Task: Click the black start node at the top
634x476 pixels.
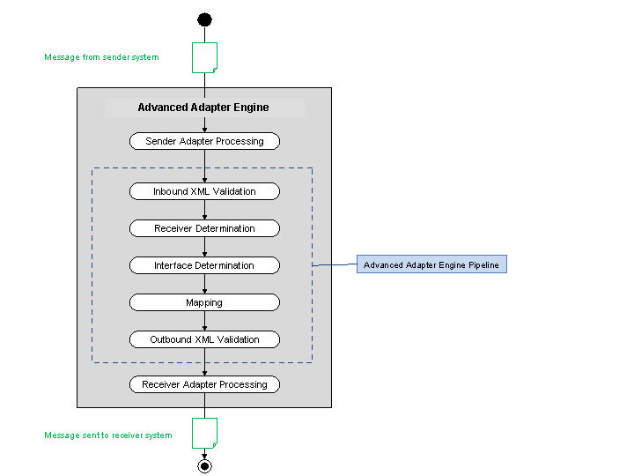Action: (204, 19)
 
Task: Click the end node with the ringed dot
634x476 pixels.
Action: (204, 465)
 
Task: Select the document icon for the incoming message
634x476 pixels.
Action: (204, 57)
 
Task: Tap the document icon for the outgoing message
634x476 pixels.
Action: (204, 433)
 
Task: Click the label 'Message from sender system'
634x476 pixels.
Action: (101, 57)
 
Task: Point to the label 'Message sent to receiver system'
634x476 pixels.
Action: (107, 435)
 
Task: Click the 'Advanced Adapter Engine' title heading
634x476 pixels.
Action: (203, 108)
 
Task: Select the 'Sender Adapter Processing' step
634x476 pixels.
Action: (204, 141)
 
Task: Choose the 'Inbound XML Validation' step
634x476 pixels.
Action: (204, 191)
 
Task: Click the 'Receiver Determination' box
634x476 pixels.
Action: (204, 228)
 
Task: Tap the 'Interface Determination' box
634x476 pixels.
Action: (204, 265)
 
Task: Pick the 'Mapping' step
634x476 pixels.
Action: (204, 302)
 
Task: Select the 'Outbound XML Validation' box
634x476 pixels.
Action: (204, 339)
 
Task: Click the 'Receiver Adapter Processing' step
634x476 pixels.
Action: (204, 384)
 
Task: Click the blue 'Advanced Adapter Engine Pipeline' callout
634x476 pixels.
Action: (431, 264)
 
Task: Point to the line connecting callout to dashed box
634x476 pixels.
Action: (335, 264)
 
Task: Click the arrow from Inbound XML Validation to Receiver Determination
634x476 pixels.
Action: (204, 210)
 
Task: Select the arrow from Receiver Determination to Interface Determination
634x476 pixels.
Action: (204, 247)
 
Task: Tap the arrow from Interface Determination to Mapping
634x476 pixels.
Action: (204, 284)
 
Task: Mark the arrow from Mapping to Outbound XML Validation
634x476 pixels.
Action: (204, 321)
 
